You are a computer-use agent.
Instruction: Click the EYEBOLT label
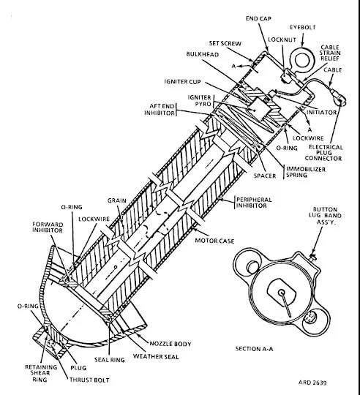click(x=303, y=27)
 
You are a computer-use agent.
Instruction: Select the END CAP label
click(x=258, y=18)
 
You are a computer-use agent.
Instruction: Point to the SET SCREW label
click(x=225, y=43)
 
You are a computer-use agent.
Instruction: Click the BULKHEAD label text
click(x=203, y=54)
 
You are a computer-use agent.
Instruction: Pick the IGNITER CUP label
click(x=183, y=82)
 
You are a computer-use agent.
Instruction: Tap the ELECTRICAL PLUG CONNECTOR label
click(x=323, y=153)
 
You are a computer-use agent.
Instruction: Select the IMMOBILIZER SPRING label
click(x=306, y=172)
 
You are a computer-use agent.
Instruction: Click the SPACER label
click(x=265, y=176)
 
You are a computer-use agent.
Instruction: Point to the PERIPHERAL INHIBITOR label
click(x=254, y=203)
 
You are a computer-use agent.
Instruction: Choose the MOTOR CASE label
click(x=214, y=241)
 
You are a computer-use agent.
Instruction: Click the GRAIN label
click(x=117, y=200)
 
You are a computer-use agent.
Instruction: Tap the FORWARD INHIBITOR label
click(x=48, y=227)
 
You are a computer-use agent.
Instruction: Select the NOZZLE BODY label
click(x=170, y=344)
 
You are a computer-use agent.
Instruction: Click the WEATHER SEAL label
click(x=156, y=356)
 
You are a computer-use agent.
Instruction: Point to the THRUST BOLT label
click(x=89, y=380)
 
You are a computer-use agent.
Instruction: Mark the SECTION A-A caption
click(x=254, y=349)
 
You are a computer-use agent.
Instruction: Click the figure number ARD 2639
click(x=312, y=383)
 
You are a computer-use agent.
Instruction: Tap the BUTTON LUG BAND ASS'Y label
click(x=325, y=216)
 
